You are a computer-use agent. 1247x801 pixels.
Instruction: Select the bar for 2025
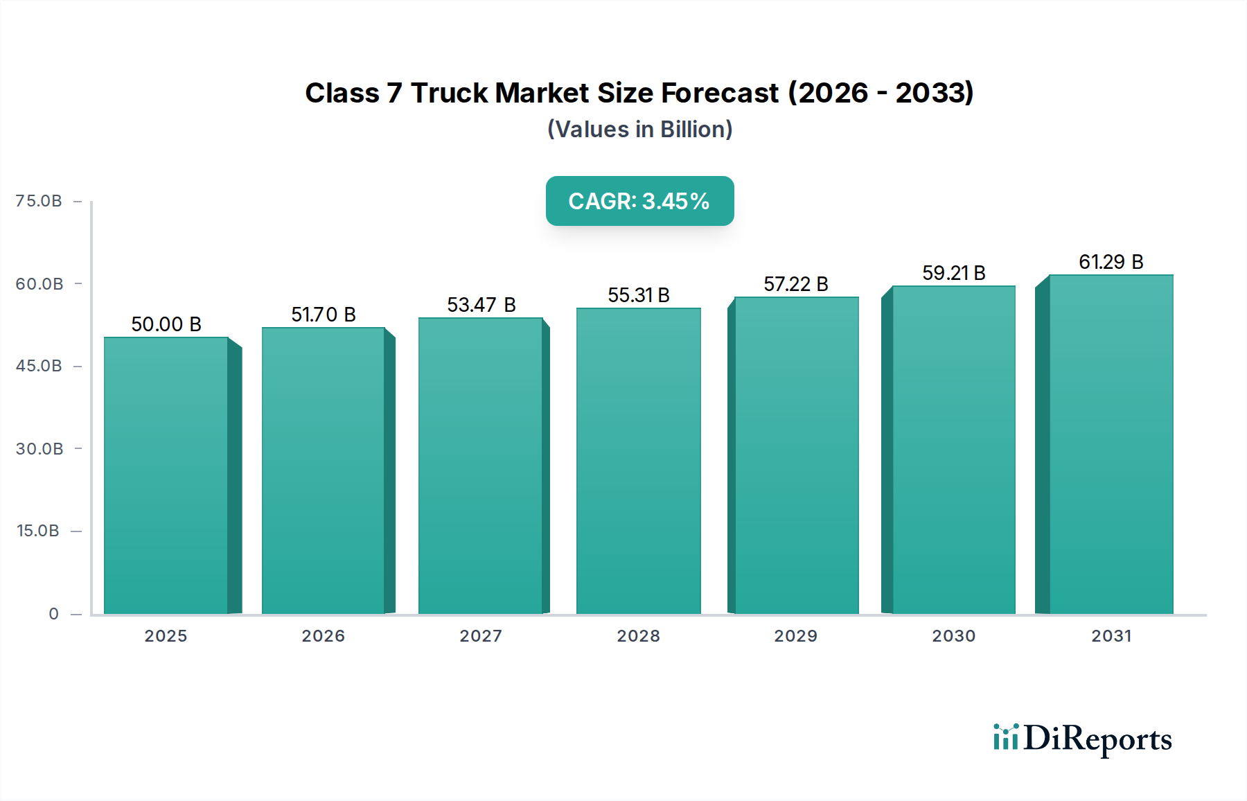click(166, 475)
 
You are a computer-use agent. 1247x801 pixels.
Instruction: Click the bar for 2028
click(638, 461)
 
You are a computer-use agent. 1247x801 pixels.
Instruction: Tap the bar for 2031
click(1111, 444)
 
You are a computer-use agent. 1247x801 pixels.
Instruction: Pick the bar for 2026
click(323, 470)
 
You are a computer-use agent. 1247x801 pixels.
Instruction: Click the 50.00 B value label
click(166, 324)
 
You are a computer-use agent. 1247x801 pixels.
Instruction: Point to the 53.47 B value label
click(481, 305)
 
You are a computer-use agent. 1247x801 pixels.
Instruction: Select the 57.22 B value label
click(795, 284)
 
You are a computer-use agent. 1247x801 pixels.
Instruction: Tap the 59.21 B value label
click(953, 273)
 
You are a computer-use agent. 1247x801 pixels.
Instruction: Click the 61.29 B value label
click(1111, 262)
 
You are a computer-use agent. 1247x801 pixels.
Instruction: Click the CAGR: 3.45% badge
click(639, 201)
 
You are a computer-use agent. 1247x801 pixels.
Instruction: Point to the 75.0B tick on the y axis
click(39, 201)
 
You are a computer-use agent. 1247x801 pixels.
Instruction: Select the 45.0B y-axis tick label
click(39, 366)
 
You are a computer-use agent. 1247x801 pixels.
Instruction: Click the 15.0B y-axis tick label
click(38, 531)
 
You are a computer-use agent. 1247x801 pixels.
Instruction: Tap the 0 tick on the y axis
click(53, 614)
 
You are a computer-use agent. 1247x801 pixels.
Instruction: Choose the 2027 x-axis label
click(481, 636)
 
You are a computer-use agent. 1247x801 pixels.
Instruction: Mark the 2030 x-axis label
click(953, 636)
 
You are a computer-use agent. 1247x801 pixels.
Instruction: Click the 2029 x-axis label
click(795, 636)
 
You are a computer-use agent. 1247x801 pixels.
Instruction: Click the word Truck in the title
click(450, 93)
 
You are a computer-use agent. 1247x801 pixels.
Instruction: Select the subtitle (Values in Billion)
click(639, 130)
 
